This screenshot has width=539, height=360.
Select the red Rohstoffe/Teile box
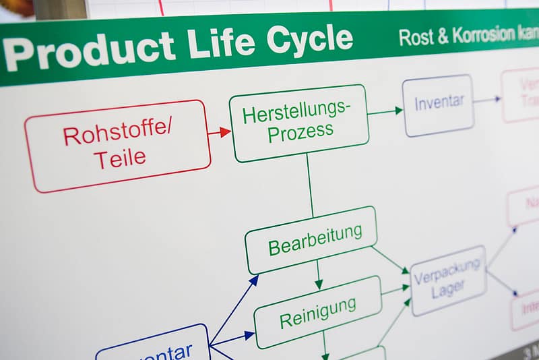(117, 146)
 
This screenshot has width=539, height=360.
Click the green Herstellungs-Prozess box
(299, 123)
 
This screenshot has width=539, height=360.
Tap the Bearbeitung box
(311, 239)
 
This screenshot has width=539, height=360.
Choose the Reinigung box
(317, 312)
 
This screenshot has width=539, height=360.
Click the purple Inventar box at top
(439, 104)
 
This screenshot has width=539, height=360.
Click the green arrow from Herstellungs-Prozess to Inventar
(385, 111)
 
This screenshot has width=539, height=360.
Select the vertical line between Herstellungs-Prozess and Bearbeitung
(310, 185)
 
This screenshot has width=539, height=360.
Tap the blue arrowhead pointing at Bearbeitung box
(253, 280)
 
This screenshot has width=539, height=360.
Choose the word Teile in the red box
(119, 159)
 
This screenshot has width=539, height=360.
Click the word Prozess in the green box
(300, 131)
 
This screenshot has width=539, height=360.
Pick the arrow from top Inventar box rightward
(487, 100)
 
